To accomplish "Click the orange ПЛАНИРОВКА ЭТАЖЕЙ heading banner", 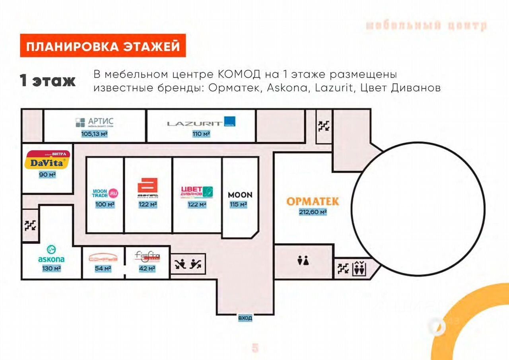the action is click(x=103, y=46).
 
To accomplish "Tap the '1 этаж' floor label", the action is click(x=48, y=81).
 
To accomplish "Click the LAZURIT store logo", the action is click(x=201, y=123).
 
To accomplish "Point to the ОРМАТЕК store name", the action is click(x=313, y=201).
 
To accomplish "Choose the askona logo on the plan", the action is click(x=51, y=255).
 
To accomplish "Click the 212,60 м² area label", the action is click(x=313, y=212).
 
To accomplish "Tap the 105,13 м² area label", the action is click(x=95, y=134).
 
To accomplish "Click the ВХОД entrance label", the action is click(x=245, y=318).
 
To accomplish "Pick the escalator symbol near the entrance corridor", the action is click(x=188, y=264).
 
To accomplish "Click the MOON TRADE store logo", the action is click(x=105, y=193).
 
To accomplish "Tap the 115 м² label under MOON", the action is click(x=239, y=204).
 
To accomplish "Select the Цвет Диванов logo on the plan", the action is click(x=197, y=192).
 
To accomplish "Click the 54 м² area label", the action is click(x=103, y=269).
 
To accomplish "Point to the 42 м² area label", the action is click(x=147, y=269).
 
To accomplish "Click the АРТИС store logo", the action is click(x=95, y=122).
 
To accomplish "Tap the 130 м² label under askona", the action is click(x=51, y=269).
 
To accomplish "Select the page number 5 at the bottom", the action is click(x=255, y=348).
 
